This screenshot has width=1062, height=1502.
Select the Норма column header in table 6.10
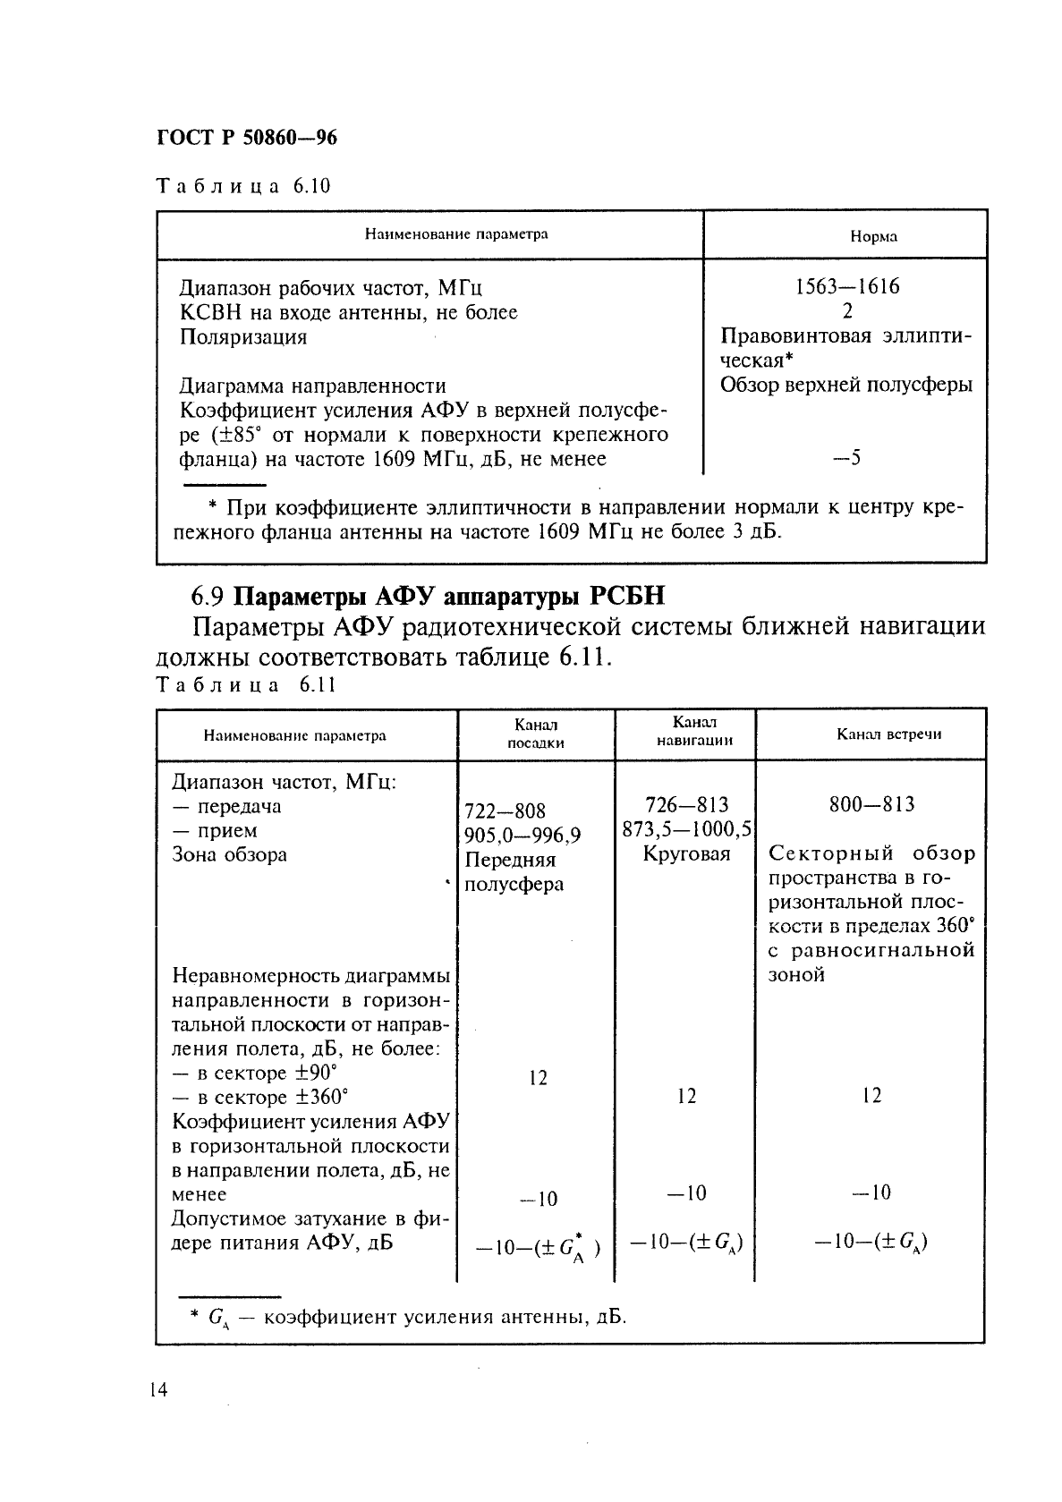[872, 237]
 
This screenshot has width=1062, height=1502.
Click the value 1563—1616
[846, 287]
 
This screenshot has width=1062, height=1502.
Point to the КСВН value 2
[846, 311]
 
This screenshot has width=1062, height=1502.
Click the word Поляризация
[243, 337]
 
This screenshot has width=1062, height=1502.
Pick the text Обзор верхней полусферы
[845, 385]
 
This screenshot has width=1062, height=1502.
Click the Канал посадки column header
[536, 733]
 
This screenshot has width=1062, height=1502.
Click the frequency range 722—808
[505, 811]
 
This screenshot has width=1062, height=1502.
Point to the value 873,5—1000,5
[686, 829]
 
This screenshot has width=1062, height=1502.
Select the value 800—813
[871, 804]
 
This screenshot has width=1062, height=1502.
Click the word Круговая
[686, 853]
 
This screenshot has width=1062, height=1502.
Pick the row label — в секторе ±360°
[260, 1097]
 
